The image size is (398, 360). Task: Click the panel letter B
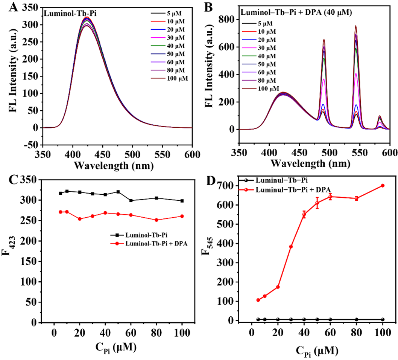point(206,6)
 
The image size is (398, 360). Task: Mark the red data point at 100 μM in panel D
point(383,185)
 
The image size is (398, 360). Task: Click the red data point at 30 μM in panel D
point(291,247)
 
